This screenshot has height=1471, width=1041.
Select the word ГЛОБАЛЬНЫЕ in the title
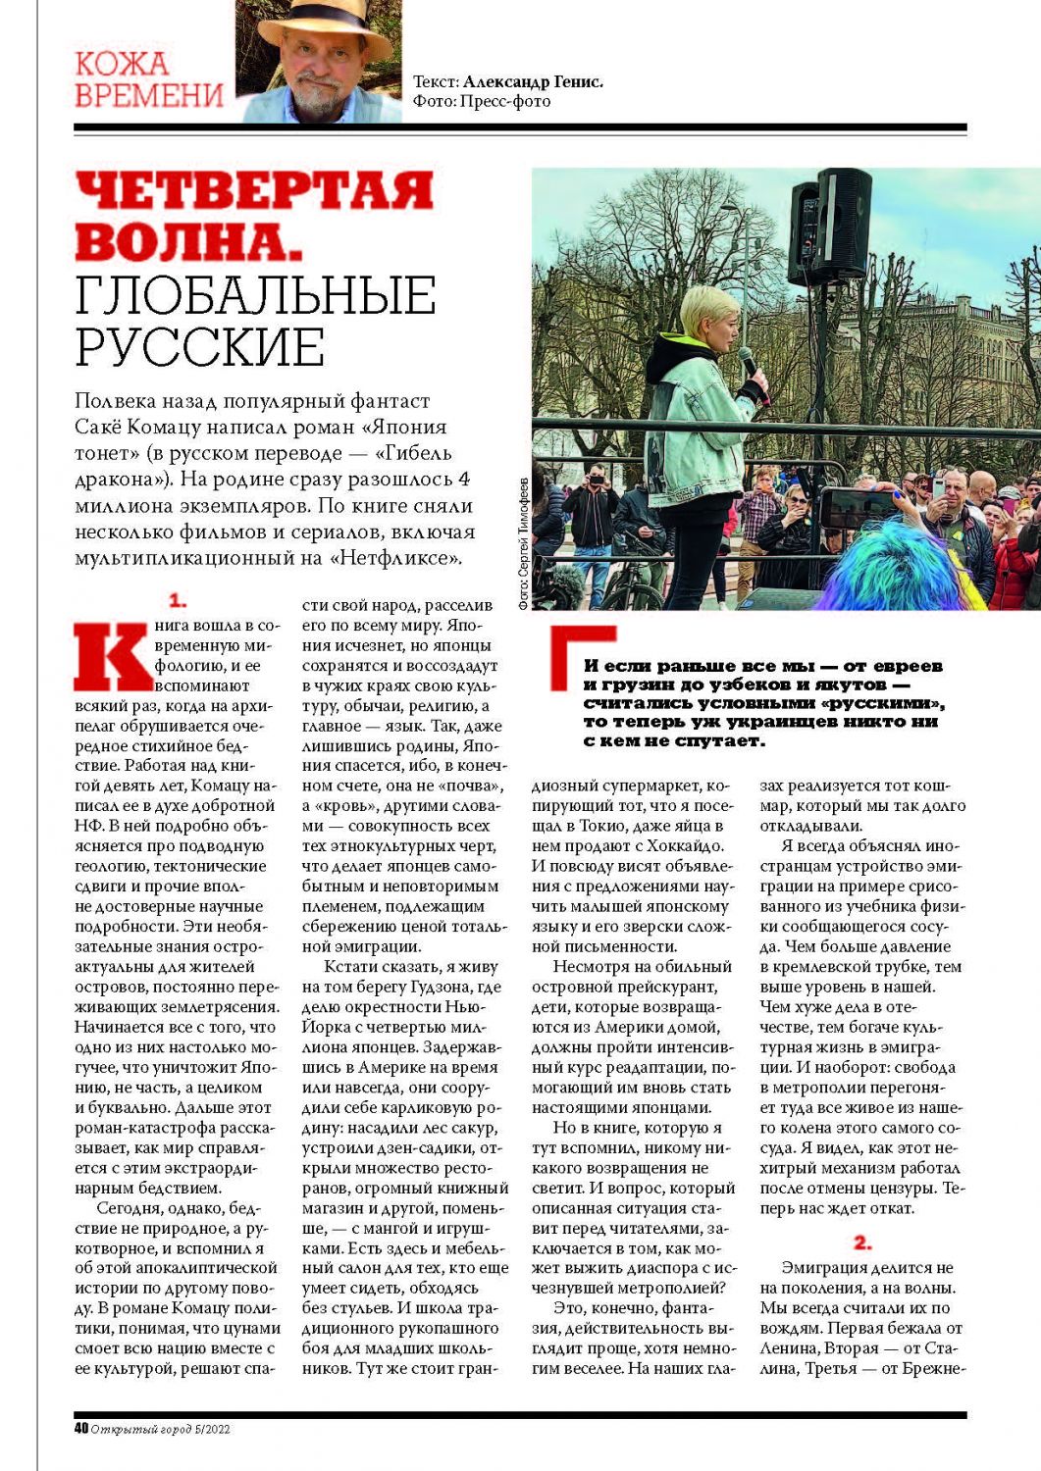[x=255, y=295]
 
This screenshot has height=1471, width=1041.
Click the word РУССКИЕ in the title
[x=199, y=345]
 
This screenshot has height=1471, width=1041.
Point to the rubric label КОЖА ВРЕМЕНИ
[x=148, y=79]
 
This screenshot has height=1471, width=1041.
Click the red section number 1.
[x=178, y=600]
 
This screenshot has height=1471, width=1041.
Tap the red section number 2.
[x=862, y=1243]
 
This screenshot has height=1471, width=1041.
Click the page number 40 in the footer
[x=81, y=1428]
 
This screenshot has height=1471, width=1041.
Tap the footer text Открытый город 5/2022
[x=160, y=1429]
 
